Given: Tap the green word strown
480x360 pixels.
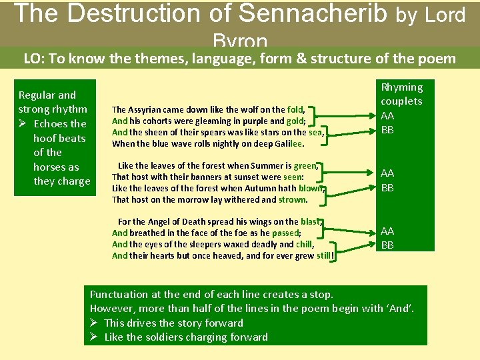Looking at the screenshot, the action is pyautogui.click(x=292, y=199).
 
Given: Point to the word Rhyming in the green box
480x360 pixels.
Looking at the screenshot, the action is pyautogui.click(x=401, y=87).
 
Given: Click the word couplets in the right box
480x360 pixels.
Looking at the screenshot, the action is pyautogui.click(x=401, y=101).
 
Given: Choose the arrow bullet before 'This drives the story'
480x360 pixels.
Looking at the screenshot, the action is pyautogui.click(x=95, y=323).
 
